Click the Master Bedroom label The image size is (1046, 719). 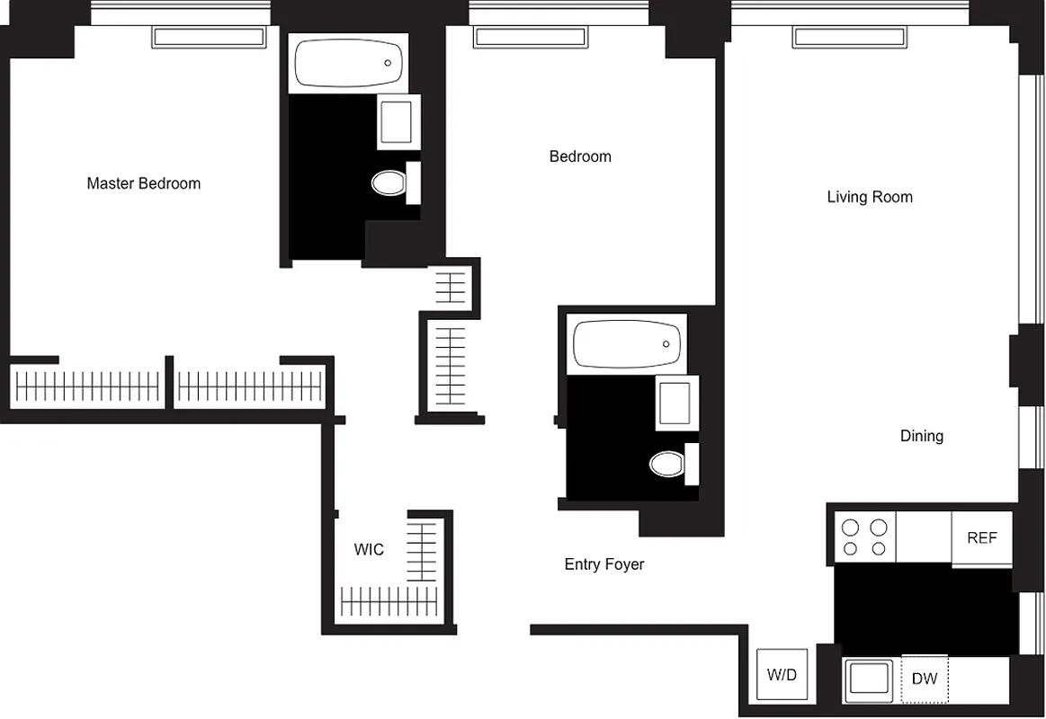tap(144, 183)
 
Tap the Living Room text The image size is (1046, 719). tap(869, 197)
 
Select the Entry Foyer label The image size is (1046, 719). tap(603, 564)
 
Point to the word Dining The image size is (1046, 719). tap(921, 436)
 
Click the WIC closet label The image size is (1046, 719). tap(369, 549)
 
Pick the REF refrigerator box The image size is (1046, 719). tap(981, 538)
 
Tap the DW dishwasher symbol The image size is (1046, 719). tap(924, 679)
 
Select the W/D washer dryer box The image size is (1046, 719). tap(782, 675)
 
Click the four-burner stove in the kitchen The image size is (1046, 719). tap(863, 537)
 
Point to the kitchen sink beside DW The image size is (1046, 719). tap(870, 679)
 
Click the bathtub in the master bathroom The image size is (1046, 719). tap(348, 63)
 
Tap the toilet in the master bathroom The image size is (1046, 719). tap(389, 183)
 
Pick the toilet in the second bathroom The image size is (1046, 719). tap(666, 464)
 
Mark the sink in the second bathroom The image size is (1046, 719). tap(676, 402)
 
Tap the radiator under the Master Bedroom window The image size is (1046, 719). tap(209, 37)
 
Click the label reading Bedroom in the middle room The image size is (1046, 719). tap(580, 156)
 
